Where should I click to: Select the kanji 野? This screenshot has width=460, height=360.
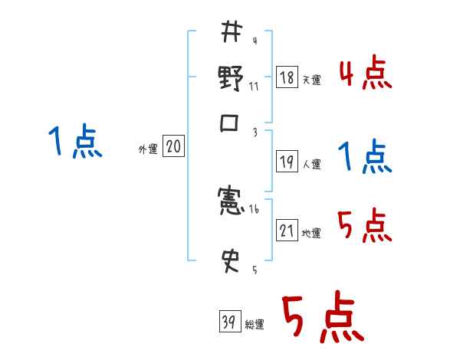[231, 77]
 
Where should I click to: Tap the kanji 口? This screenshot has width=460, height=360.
[231, 123]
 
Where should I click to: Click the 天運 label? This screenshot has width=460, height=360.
[312, 80]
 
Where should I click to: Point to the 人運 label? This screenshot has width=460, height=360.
[312, 163]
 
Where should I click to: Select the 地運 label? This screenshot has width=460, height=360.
[312, 233]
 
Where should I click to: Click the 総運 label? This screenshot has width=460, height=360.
[254, 324]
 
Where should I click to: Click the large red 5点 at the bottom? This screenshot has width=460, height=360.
[321, 319]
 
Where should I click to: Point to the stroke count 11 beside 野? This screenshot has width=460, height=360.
[254, 86]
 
